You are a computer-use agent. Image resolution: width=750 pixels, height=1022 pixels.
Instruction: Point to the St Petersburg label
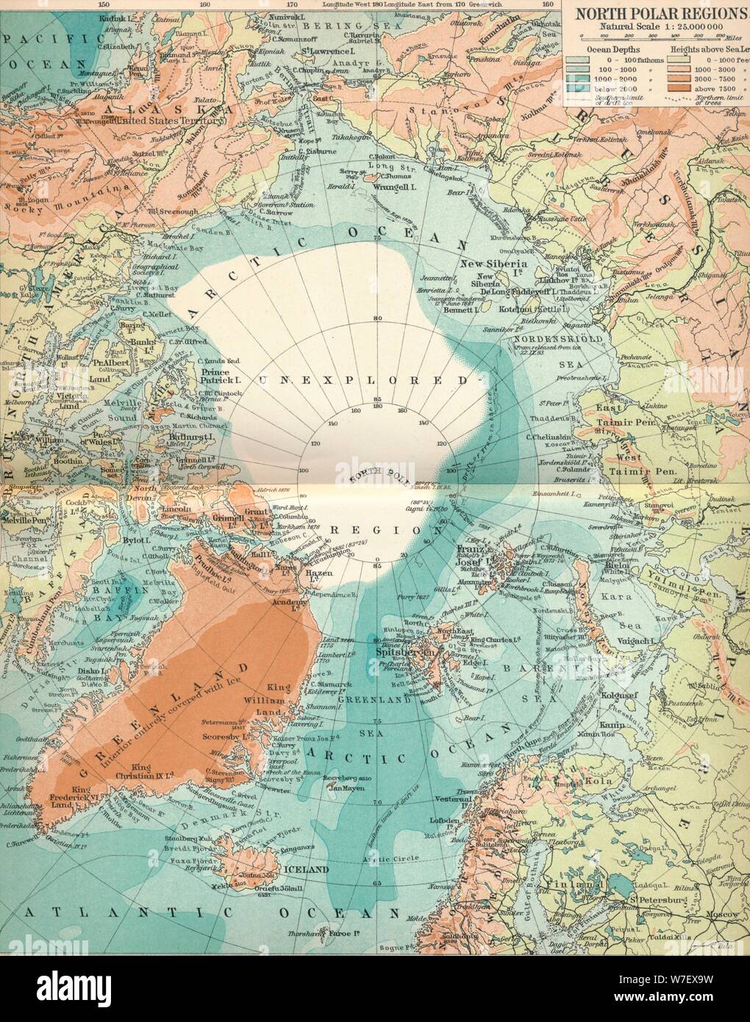pos(665,900)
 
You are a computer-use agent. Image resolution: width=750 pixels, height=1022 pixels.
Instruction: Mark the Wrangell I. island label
pos(399,177)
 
